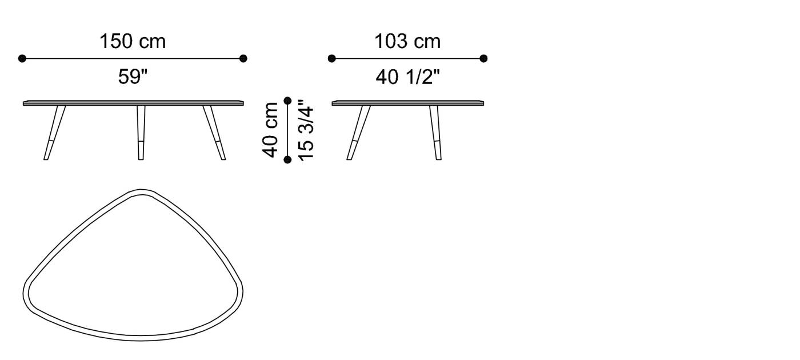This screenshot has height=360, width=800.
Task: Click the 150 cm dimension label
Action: tap(133, 41)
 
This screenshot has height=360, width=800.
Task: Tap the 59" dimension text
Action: tap(133, 77)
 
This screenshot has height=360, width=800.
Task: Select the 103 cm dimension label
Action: tap(407, 41)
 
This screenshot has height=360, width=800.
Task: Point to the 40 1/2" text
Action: tap(407, 77)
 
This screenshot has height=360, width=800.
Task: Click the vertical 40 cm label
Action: tap(270, 130)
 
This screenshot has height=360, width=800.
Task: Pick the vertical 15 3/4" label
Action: tap(306, 130)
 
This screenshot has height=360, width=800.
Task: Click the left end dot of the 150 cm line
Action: tap(22, 58)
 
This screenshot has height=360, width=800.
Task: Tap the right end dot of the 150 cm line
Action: tap(243, 58)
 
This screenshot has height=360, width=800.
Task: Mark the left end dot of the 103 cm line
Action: tap(332, 58)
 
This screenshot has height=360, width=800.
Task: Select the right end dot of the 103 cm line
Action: tap(483, 58)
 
